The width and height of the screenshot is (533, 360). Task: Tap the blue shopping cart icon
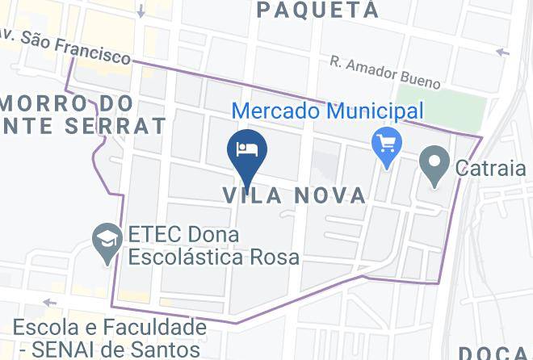[387, 145]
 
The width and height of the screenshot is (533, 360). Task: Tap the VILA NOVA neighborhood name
[294, 195]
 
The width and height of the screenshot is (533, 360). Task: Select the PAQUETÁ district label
[317, 10]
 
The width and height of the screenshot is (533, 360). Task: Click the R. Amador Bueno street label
[385, 73]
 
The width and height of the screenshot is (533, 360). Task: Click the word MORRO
[46, 103]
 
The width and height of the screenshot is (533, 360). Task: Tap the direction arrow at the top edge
[141, 11]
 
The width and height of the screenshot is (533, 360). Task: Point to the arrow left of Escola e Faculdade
[49, 303]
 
